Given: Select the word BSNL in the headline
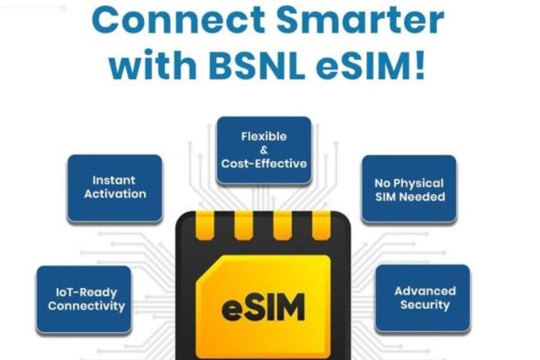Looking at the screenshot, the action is pos(256,65).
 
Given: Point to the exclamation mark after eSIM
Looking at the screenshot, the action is pos(420,65).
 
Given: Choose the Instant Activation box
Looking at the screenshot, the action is pos(114,188).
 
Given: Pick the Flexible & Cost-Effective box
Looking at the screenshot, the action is pos(264,150).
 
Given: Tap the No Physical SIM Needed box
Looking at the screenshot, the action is pos(409,189).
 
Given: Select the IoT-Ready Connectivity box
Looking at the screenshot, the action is pos(84,300).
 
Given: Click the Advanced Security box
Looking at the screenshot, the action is pos(423,298).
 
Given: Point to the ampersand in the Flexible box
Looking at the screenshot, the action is pos(264,150).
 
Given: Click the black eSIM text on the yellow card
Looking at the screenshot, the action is pos(264,307).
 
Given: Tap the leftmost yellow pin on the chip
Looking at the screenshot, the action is pos(205,225).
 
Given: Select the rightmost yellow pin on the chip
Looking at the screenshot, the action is pos(321,225).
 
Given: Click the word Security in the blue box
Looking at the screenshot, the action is pos(426,305).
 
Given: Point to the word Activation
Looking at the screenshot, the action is pos(115,194).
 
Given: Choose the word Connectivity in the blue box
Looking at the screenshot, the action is pos(86,306).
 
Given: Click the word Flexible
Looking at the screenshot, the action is pos(264,137).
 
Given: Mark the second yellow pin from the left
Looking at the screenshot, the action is pos(244,225).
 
